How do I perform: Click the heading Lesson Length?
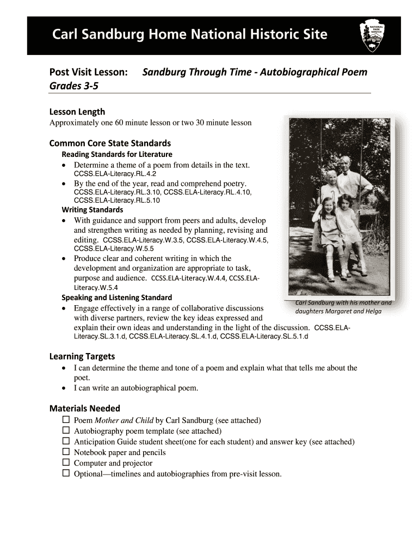tap(77, 112)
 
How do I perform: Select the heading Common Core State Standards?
tap(110, 143)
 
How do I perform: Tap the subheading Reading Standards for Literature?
tap(117, 154)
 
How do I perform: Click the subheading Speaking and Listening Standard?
tap(117, 298)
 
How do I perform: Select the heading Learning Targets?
tap(82, 356)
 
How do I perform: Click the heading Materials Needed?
tap(85, 408)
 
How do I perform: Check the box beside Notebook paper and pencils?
tap(66, 452)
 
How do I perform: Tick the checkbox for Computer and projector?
tap(66, 463)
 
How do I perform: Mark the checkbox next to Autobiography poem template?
tap(66, 430)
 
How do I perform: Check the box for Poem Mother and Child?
tap(66, 420)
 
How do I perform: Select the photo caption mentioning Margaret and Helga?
tap(343, 307)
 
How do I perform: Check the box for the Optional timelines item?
tap(66, 474)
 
